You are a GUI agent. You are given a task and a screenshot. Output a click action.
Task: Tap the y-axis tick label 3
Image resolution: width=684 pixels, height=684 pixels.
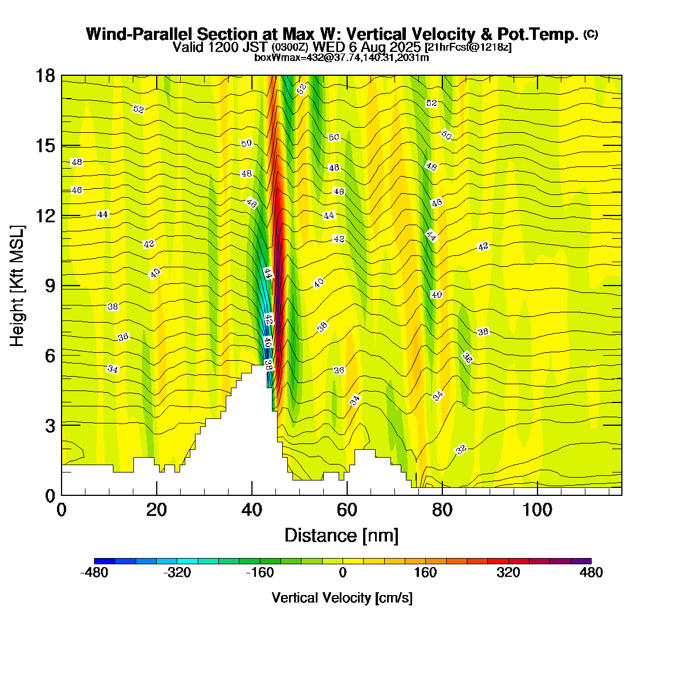[49, 425]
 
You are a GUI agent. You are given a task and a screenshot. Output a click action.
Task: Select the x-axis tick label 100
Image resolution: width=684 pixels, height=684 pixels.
[538, 510]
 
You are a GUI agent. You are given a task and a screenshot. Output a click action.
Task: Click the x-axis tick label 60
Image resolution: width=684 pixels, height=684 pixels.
[347, 510]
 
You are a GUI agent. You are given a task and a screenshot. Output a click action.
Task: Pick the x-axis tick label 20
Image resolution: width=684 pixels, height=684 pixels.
[156, 510]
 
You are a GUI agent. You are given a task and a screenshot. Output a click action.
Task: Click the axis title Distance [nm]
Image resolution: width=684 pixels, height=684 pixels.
[341, 536]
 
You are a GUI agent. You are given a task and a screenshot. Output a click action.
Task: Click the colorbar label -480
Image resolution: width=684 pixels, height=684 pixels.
[94, 573]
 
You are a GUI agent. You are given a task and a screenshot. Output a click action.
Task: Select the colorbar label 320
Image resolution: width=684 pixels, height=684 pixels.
[508, 573]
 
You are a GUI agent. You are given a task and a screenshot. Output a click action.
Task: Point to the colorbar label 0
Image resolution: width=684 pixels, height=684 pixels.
[343, 573]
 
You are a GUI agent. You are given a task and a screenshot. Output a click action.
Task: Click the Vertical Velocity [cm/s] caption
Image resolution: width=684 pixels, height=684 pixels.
[342, 598]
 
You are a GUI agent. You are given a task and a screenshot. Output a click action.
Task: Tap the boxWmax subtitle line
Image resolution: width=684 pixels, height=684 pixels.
[341, 58]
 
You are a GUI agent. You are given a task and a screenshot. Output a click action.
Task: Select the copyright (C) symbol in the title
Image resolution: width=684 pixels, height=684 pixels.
[590, 34]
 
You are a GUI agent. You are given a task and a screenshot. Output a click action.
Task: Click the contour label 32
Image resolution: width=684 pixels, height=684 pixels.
[461, 449]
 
